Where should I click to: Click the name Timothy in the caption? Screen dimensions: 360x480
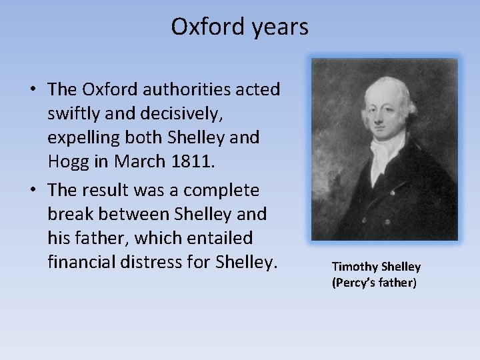click(353, 267)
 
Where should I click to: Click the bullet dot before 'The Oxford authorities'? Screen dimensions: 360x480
click(32, 89)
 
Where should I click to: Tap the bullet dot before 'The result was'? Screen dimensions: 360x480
click(32, 190)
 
